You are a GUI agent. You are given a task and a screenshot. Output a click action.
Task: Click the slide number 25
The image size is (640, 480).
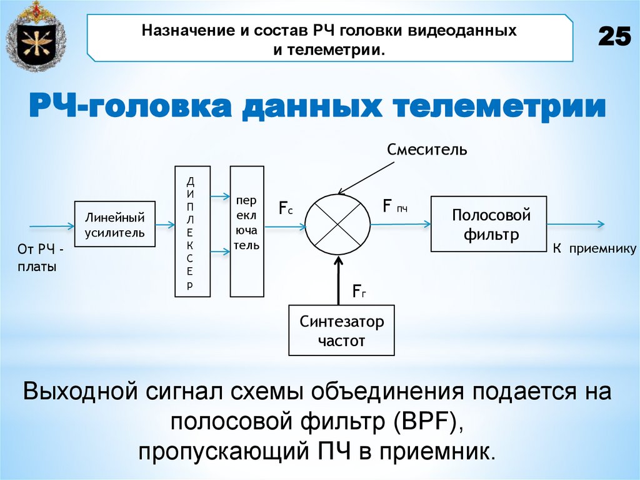point(614,38)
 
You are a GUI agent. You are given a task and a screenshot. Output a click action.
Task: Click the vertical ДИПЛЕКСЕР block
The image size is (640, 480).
point(192,231)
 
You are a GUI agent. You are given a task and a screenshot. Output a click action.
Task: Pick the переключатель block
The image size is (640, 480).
point(247,231)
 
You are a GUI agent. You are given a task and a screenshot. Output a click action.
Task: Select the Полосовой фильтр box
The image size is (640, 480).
point(489,224)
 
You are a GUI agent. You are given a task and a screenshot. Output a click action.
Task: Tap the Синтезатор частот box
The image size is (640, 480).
point(341,330)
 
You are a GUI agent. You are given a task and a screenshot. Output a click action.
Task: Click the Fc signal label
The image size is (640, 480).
point(286,208)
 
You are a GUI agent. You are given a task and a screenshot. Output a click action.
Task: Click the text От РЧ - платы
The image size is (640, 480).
point(41,258)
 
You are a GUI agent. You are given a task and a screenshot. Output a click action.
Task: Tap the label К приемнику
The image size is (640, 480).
point(594,249)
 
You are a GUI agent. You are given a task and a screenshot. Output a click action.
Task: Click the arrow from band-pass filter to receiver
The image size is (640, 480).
point(575,224)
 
